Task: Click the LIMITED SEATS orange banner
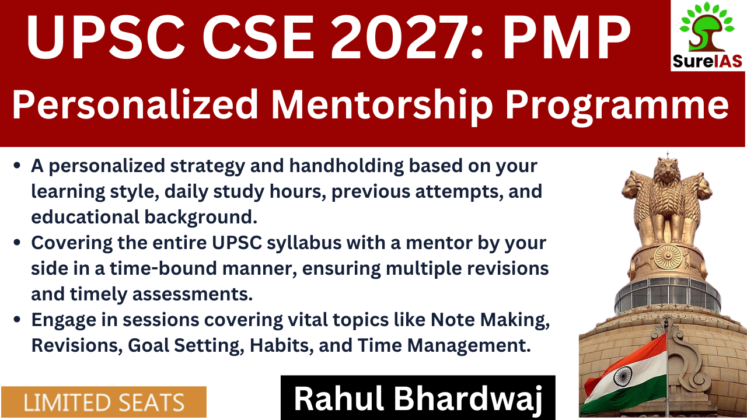104,402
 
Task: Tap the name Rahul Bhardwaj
418,398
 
